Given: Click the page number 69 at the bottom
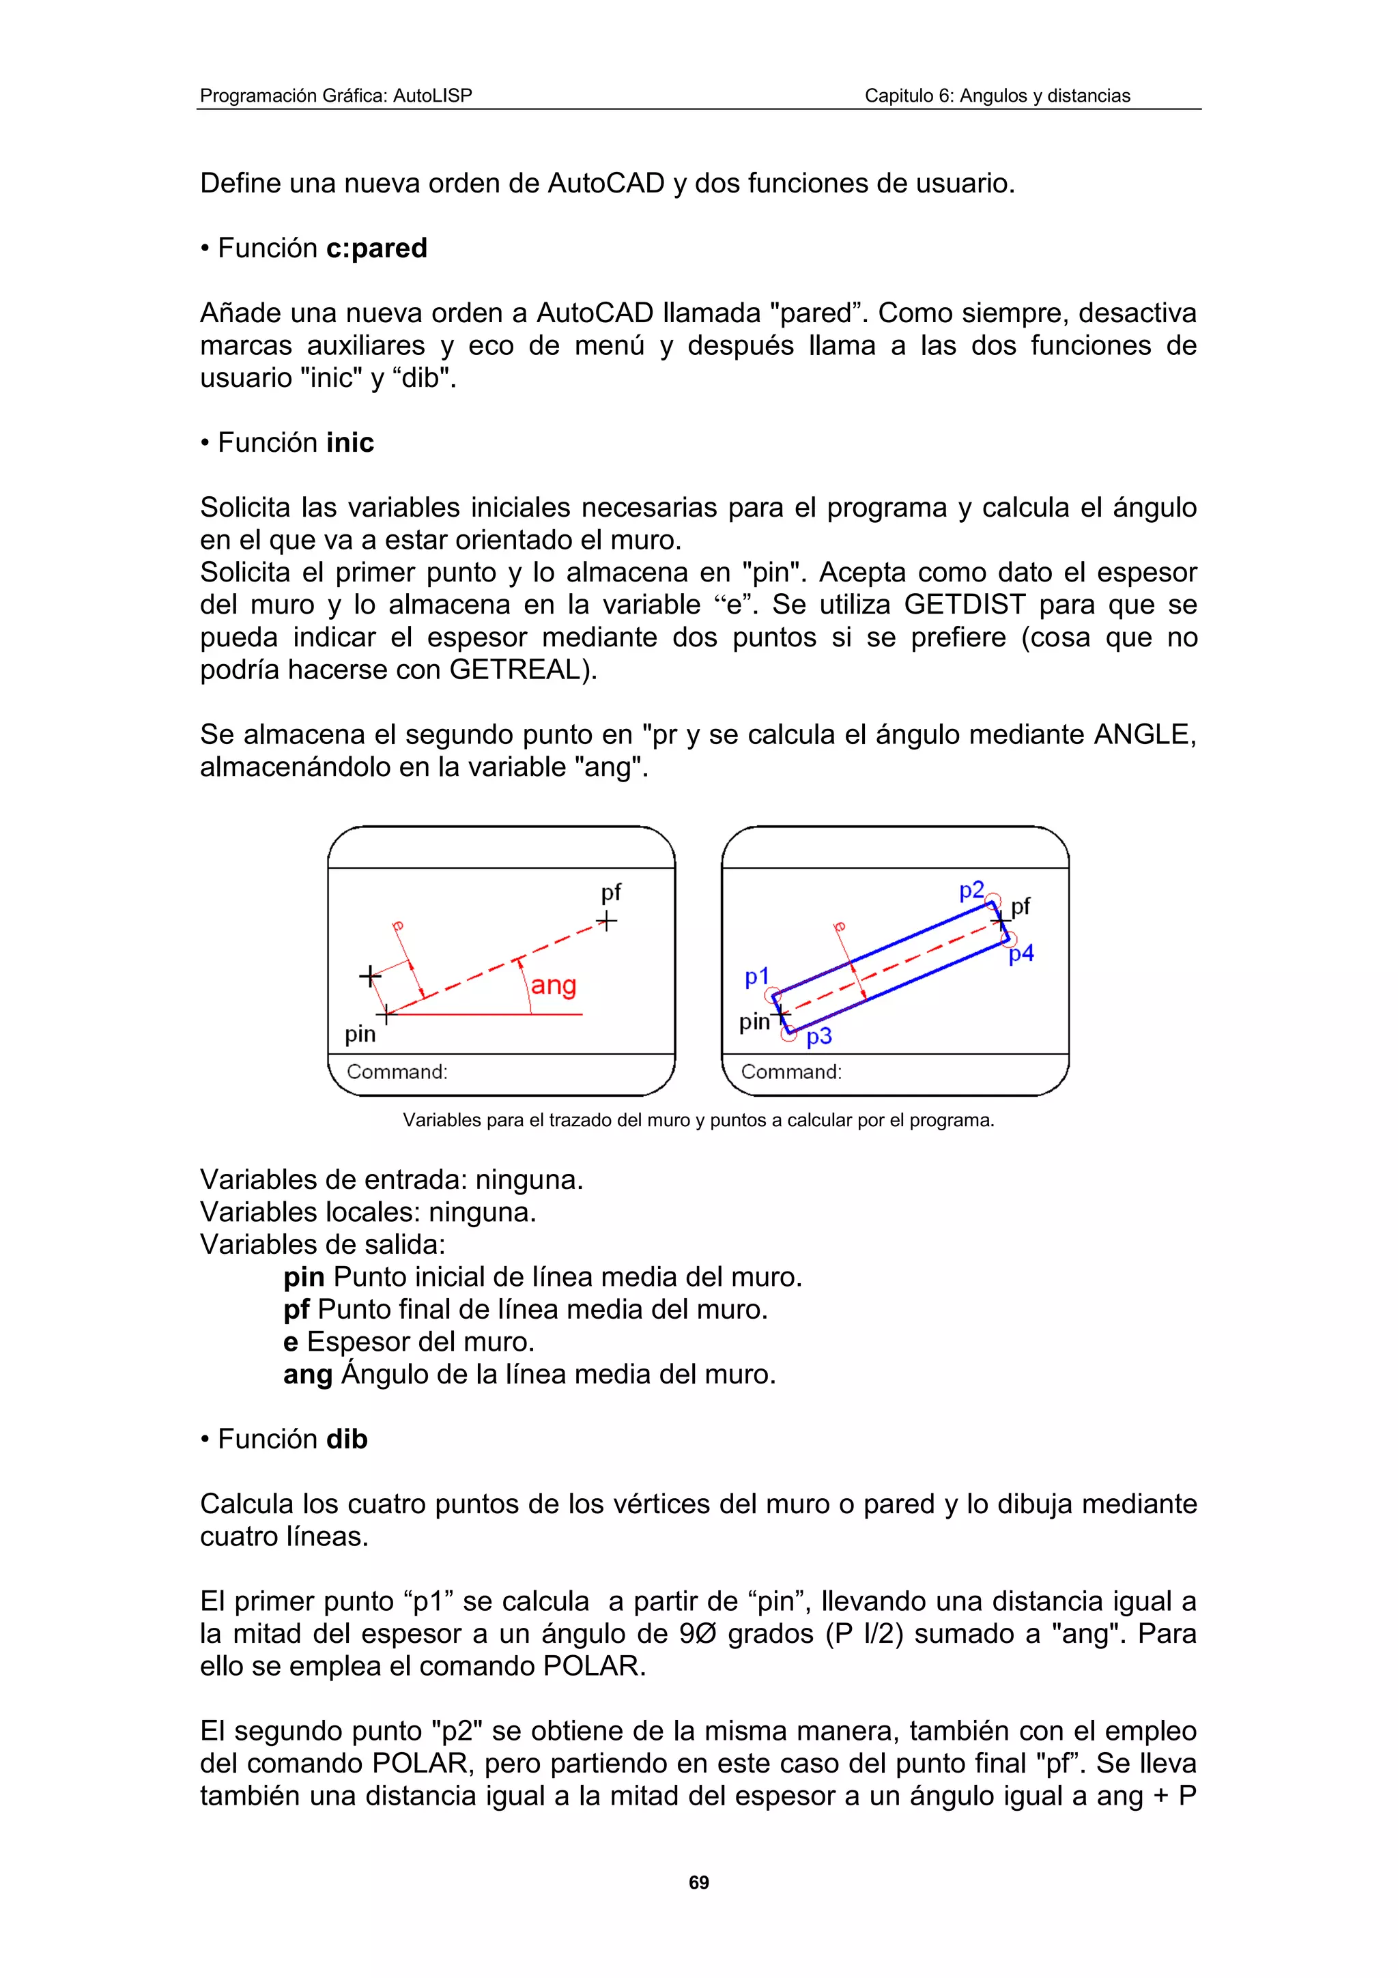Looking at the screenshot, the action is (698, 1882).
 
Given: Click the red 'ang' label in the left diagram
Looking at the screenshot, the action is (553, 985).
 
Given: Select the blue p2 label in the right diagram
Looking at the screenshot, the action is (971, 890).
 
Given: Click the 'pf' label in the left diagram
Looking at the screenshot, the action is (611, 893).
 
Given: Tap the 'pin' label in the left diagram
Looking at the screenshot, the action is (360, 1034).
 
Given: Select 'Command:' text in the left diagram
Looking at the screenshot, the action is (397, 1072).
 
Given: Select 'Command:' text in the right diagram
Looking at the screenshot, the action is (790, 1072).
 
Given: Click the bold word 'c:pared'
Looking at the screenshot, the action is (376, 248).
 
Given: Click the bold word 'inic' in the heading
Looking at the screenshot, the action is (349, 443).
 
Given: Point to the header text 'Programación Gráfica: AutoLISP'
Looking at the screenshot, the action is (336, 96).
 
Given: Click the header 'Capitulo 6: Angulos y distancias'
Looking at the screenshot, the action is (997, 96).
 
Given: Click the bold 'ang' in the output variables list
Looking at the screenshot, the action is (307, 1374).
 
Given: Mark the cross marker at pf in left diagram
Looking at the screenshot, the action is (608, 922).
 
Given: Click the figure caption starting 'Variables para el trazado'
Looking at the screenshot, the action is (698, 1120).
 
